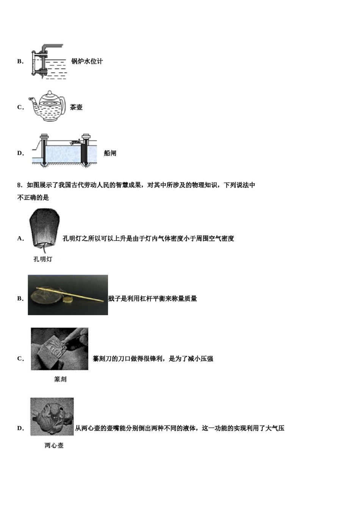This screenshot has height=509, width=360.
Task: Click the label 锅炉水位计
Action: [87, 61]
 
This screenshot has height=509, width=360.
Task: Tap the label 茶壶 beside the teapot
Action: [76, 107]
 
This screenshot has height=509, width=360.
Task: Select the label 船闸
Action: [110, 153]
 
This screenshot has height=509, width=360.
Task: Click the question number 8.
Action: [19, 185]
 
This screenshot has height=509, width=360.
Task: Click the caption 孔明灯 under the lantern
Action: [42, 259]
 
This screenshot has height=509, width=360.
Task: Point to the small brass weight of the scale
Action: [68, 300]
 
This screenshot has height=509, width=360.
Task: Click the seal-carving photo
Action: [59, 349]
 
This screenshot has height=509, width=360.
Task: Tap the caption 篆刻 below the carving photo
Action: [60, 379]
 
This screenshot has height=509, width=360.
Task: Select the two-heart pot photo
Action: [52, 417]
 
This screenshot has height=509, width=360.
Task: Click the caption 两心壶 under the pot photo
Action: [54, 446]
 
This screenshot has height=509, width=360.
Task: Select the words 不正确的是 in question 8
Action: [33, 198]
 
